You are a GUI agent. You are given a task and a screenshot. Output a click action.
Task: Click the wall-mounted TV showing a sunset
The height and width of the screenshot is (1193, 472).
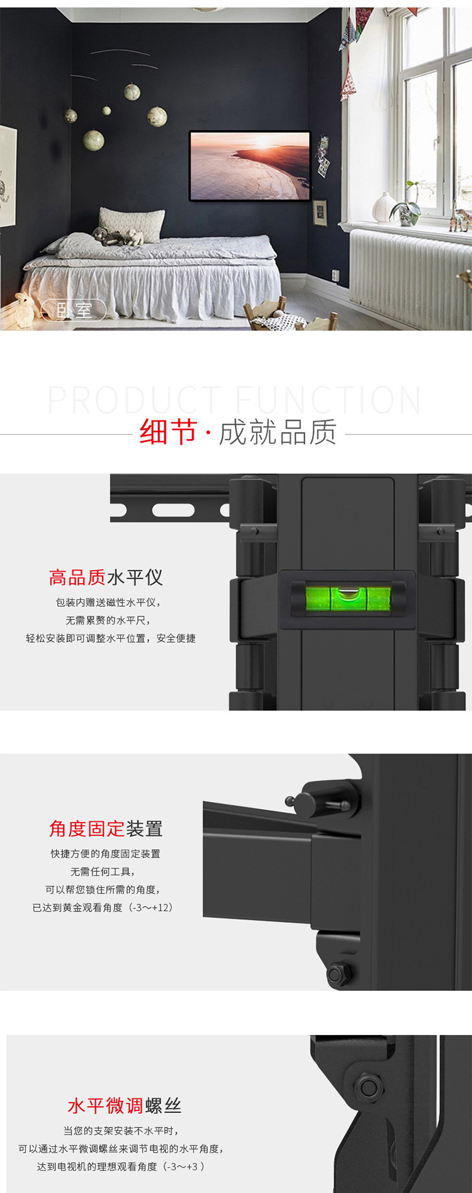tap(250, 166)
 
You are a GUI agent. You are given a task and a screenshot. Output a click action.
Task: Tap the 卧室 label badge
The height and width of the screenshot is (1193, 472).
tap(74, 310)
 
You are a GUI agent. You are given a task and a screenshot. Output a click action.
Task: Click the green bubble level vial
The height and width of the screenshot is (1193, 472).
tap(347, 599)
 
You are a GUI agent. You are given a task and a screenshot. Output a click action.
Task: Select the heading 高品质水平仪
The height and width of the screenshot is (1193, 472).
tap(106, 577)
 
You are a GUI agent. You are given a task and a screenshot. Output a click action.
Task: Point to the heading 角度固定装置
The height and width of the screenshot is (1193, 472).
tap(106, 828)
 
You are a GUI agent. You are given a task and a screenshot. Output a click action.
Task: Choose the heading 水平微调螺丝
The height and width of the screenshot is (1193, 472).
tap(125, 1105)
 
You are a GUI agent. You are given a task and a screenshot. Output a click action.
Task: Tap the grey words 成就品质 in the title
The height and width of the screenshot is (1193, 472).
tap(278, 433)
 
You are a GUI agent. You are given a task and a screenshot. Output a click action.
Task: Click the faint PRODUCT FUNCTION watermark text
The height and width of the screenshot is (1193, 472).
tap(235, 399)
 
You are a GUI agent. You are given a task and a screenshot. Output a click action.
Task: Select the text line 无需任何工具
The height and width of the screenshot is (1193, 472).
tap(103, 872)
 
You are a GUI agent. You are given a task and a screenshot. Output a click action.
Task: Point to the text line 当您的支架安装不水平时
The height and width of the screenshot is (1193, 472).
tap(121, 1131)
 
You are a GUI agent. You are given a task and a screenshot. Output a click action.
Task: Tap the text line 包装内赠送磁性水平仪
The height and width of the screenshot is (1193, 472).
tap(108, 602)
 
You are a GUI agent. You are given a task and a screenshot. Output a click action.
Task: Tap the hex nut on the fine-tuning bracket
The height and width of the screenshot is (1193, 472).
tap(369, 1087)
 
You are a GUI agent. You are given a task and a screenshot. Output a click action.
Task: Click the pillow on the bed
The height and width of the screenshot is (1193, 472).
tap(132, 224)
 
